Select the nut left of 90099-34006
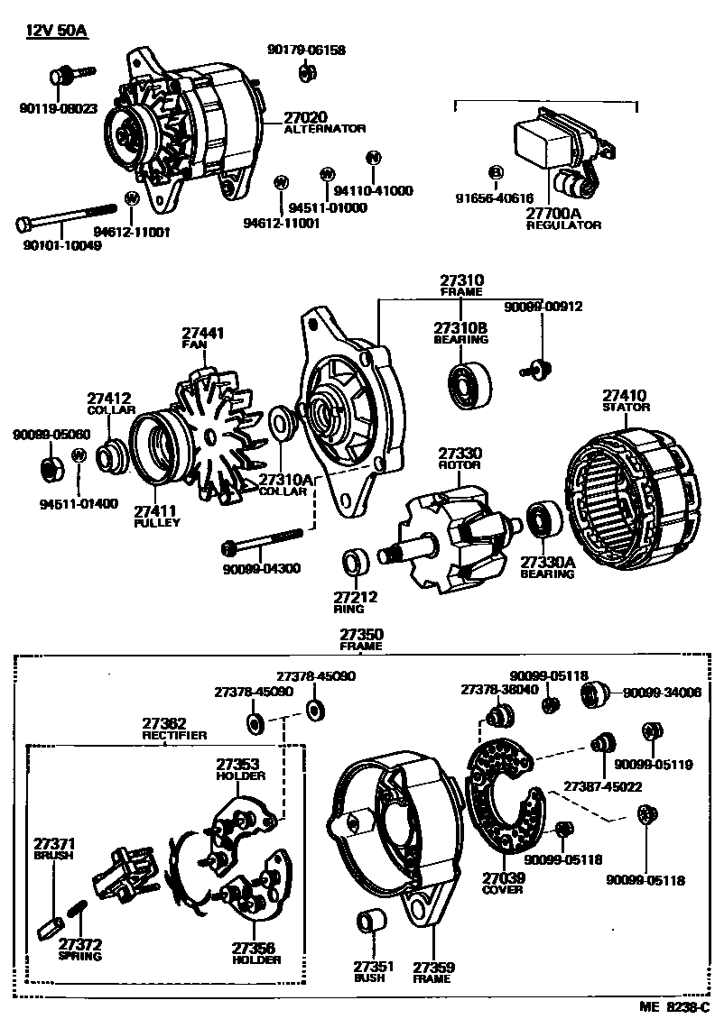[x=592, y=693]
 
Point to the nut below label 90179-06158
[x=306, y=72]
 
